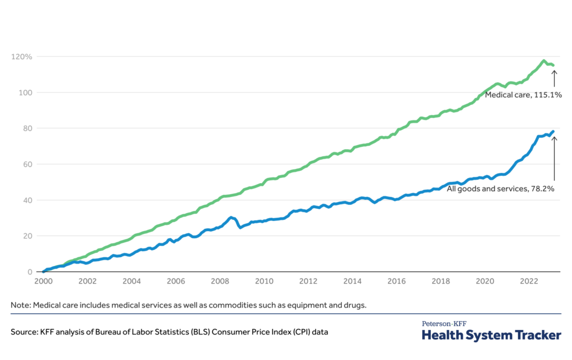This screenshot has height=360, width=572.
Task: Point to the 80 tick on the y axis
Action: (x=25, y=128)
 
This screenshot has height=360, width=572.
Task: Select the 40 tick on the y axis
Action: (x=25, y=200)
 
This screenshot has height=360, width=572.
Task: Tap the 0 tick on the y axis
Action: (x=27, y=272)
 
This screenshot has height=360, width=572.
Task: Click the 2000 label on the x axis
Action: (x=44, y=282)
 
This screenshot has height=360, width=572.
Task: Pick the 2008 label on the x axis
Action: (x=220, y=282)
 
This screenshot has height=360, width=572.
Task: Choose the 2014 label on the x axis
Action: (x=352, y=282)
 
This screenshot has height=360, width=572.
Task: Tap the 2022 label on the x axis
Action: (x=528, y=282)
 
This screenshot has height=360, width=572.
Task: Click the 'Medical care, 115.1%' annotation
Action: (x=523, y=95)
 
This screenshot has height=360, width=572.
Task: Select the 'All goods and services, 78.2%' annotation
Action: (x=500, y=189)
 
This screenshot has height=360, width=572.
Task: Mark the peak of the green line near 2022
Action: (x=544, y=61)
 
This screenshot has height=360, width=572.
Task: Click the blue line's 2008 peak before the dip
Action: (x=231, y=217)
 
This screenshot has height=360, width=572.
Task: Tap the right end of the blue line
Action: (x=553, y=132)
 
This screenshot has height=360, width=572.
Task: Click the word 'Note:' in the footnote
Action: (x=21, y=305)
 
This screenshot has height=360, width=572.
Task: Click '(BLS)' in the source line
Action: (x=188, y=332)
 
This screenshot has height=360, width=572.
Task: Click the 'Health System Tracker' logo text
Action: (x=491, y=335)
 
